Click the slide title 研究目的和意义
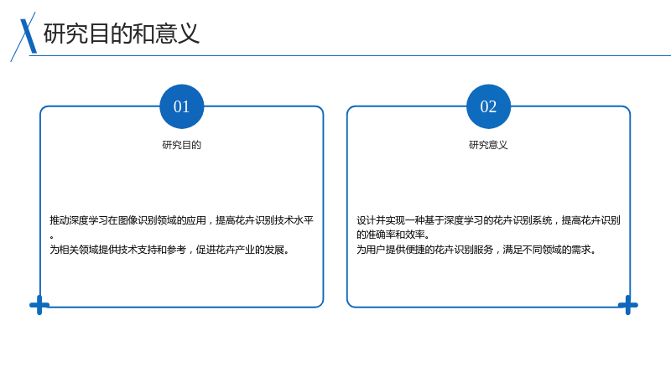coord(122,34)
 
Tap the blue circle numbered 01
coord(181,106)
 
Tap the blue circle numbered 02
coord(488,106)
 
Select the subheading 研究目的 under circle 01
coord(181,145)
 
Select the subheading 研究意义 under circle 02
coord(488,145)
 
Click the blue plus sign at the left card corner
coord(39,305)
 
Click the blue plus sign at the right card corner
coord(627,305)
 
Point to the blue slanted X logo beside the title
coord(24,37)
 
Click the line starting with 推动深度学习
coord(181,220)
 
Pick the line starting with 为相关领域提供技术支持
coord(170,250)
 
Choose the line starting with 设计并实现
coord(488,220)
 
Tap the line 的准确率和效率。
coord(393,235)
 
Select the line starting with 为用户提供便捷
coord(476,250)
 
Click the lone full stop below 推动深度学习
coord(52,237)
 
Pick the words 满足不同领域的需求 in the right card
coord(547,250)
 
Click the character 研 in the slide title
coord(55,34)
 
